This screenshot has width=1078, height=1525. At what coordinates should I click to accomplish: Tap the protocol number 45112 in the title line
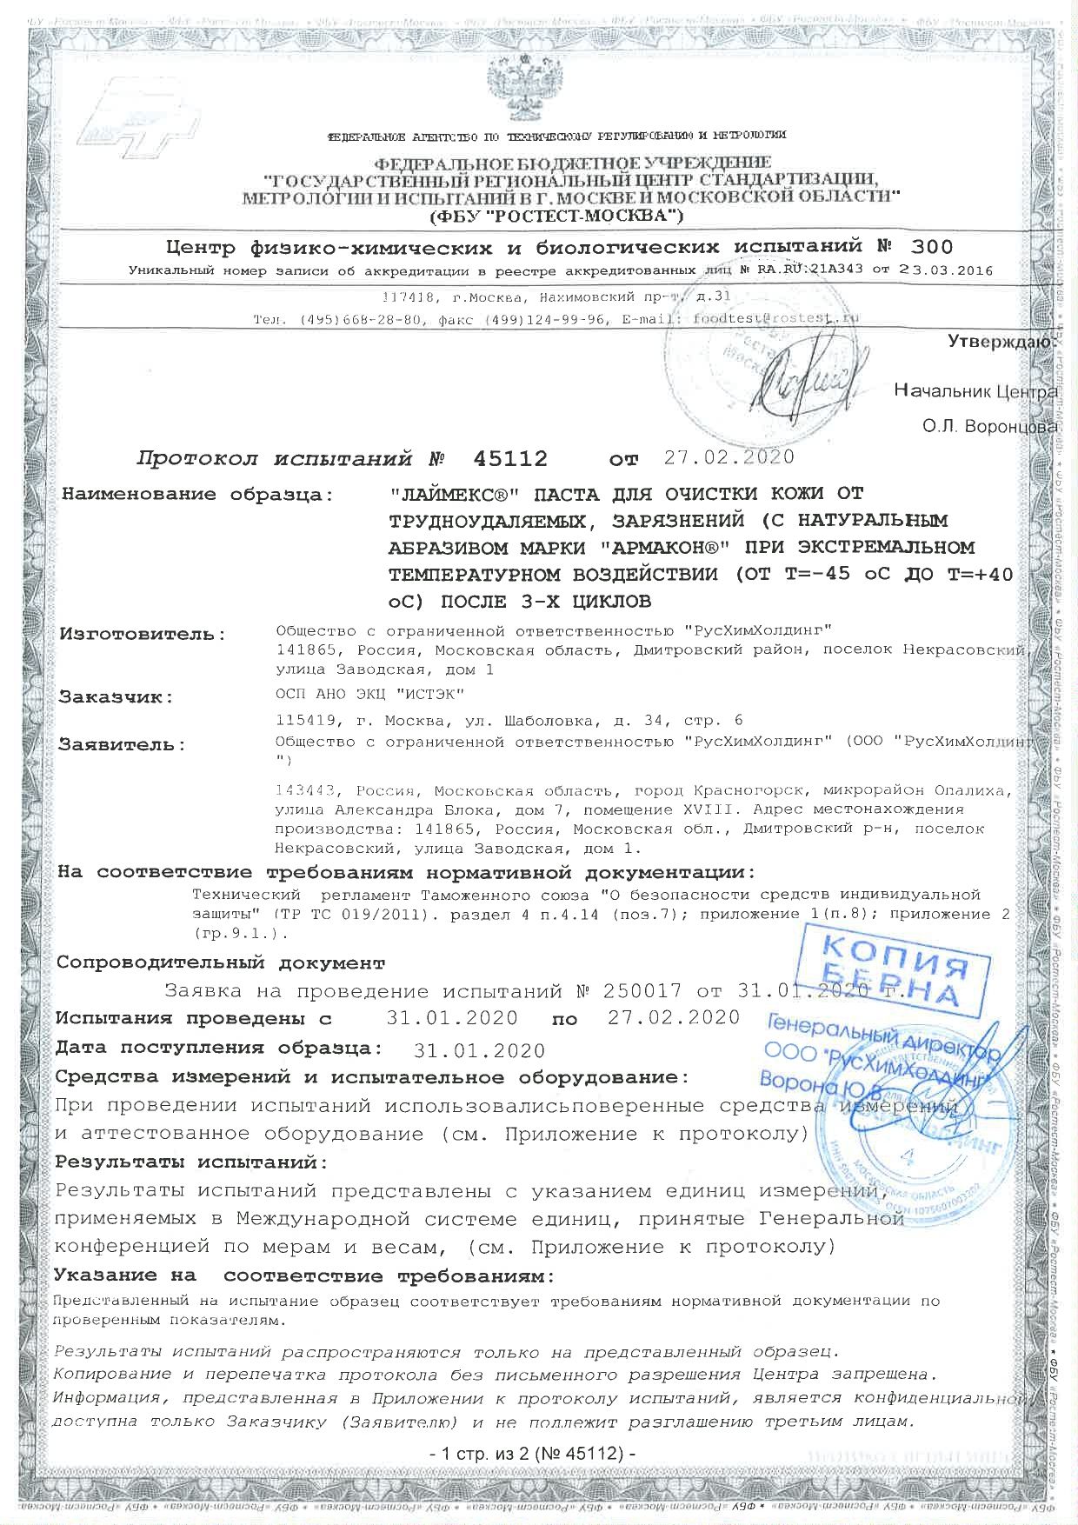510,458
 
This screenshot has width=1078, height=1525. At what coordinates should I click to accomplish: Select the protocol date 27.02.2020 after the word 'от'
729,457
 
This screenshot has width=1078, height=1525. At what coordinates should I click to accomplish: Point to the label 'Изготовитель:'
142,634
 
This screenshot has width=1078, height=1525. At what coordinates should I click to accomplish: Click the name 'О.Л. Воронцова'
989,427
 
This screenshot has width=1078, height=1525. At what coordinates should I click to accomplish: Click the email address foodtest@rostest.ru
774,318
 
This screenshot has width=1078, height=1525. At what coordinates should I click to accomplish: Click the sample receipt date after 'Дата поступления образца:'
480,1050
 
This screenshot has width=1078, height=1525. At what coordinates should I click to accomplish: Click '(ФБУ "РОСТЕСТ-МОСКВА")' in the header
556,213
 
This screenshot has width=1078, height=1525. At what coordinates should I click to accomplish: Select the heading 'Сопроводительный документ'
219,963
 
